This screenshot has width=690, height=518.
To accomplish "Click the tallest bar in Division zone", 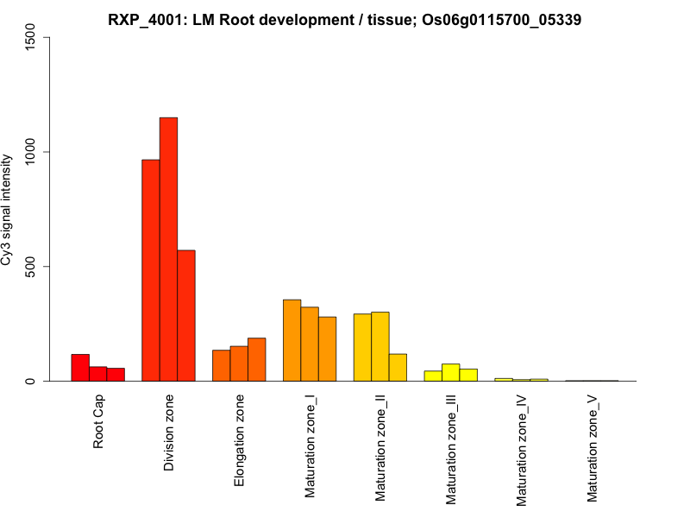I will [x=168, y=250].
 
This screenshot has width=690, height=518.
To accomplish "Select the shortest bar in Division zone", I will [x=186, y=316].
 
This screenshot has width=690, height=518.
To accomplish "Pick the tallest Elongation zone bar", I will [x=257, y=359].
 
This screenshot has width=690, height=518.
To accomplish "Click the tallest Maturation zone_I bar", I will [x=292, y=340].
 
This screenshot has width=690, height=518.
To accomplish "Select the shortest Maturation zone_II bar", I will [x=398, y=368].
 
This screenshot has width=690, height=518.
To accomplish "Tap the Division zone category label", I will [x=169, y=433].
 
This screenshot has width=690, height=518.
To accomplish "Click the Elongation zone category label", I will [x=240, y=440].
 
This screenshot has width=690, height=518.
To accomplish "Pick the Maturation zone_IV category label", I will [x=522, y=451].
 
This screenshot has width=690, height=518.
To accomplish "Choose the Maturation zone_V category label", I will [x=593, y=450].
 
